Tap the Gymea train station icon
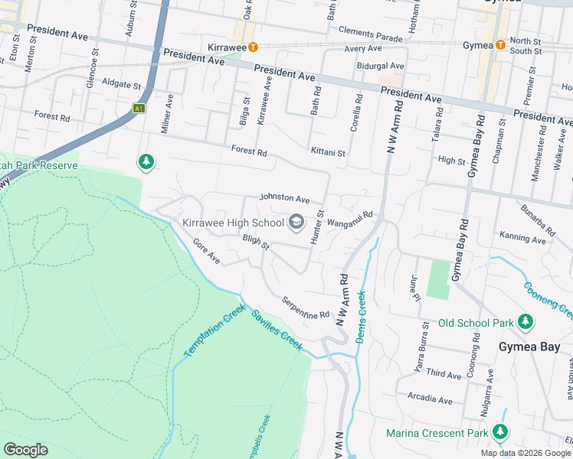(x=500, y=45)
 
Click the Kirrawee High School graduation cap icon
(x=295, y=223)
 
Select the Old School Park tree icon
(x=526, y=323)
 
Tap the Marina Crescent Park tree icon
(x=500, y=433)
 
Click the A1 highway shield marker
(x=139, y=108)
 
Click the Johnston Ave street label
(x=284, y=198)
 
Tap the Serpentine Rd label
(x=305, y=308)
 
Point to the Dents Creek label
(x=362, y=314)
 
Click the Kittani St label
(x=328, y=153)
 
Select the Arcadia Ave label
(x=430, y=399)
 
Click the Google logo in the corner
(x=25, y=450)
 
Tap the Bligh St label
(x=256, y=243)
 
